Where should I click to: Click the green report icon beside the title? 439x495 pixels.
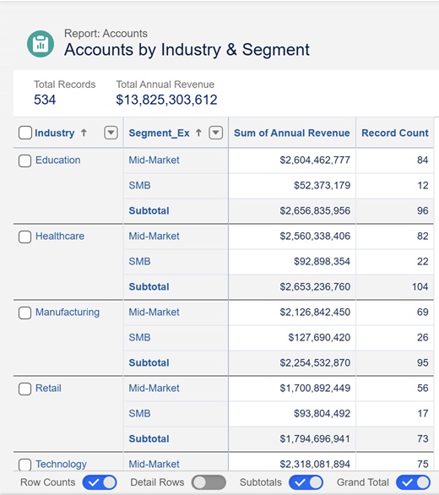pos(41,44)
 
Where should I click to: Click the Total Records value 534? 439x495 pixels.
pos(45,100)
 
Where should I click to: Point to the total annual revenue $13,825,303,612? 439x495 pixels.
pos(166,100)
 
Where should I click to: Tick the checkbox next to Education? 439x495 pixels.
pos(24,160)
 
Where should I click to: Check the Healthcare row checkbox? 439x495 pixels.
pos(24,237)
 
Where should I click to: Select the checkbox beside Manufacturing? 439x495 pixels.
pos(24,313)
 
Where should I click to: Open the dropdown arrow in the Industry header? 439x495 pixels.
pos(111,133)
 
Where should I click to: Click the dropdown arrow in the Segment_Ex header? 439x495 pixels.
pos(216,133)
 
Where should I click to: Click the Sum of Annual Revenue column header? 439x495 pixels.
pos(292,133)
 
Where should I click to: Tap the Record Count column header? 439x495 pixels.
pos(395,133)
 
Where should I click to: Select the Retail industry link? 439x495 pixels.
pos(48,388)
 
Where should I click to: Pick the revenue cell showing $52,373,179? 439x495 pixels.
pos(322,185)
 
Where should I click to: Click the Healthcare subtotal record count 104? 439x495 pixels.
pos(420,286)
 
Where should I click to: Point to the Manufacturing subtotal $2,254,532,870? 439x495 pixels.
pos(315,362)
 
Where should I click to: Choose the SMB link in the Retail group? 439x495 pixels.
pos(139,413)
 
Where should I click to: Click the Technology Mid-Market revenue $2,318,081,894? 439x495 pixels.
pos(315,464)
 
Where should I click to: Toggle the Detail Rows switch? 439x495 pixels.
pos(209,482)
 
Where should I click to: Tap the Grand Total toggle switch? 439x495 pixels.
pos(414,482)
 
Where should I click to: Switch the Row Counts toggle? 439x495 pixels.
pos(100,482)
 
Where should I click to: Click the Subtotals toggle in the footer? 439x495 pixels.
pos(306,482)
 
